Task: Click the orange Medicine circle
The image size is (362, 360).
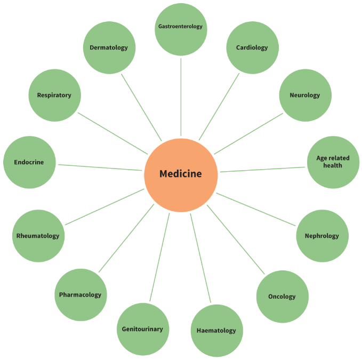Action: tap(181, 175)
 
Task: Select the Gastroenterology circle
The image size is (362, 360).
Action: tap(181, 29)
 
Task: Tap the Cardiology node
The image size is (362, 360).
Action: tap(252, 47)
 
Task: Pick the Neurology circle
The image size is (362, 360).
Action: tap(305, 95)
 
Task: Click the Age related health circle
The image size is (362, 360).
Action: tap(333, 162)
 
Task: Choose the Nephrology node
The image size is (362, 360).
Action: tap(323, 236)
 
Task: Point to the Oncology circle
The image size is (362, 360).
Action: tap(283, 297)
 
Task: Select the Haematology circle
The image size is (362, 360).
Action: tap(217, 331)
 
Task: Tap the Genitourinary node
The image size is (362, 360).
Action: tap(143, 329)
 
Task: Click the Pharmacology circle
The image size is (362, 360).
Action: tap(81, 294)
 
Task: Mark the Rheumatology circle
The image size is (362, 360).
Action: tap(38, 236)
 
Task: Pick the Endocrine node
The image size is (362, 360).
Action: tap(29, 162)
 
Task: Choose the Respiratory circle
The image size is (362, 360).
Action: tap(55, 95)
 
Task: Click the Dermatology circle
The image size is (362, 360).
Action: tap(109, 47)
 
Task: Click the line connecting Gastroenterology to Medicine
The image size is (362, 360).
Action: tap(181, 97)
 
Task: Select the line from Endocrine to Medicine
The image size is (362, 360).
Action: tap(100, 167)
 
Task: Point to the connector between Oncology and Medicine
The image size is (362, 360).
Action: tap(236, 239)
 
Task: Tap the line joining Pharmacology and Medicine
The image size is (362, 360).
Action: tap(126, 238)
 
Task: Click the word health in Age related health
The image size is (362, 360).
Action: tap(333, 165)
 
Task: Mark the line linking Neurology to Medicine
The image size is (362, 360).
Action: tap(248, 133)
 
